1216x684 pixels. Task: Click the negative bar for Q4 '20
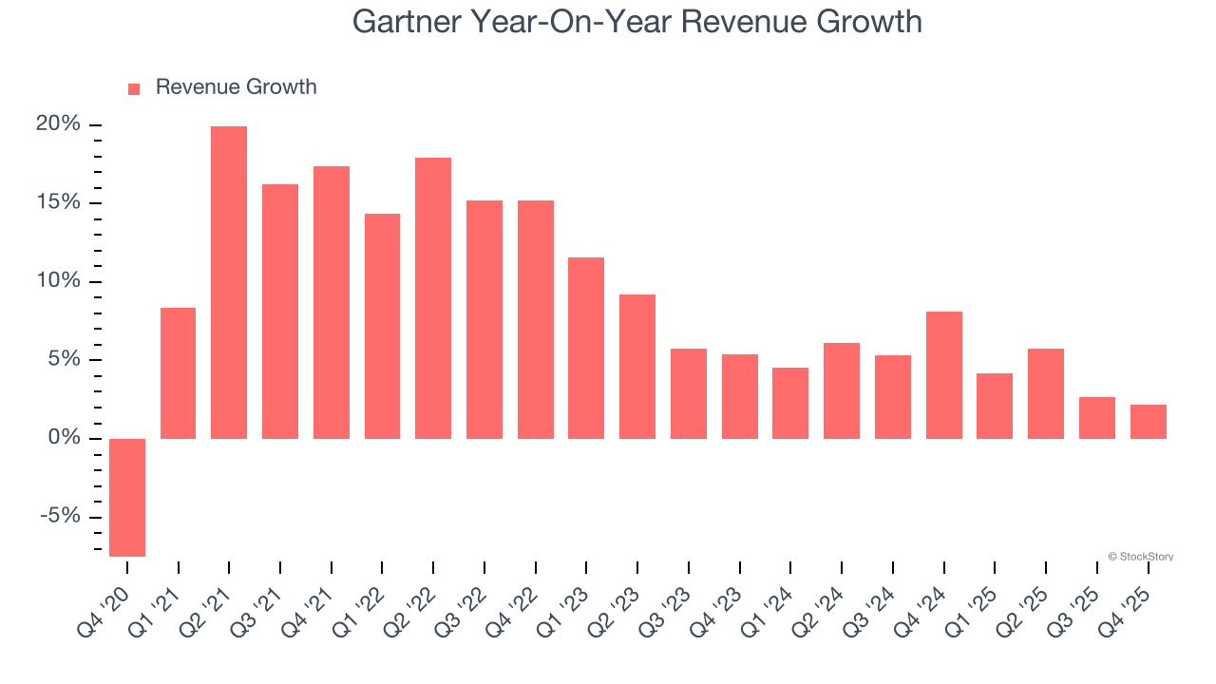click(x=127, y=497)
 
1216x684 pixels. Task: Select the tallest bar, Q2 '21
click(x=229, y=282)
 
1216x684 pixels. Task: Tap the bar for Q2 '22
click(x=433, y=297)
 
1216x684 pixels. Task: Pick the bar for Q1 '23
click(x=586, y=348)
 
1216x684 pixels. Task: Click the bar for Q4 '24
click(x=944, y=374)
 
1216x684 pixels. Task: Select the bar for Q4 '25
click(x=1149, y=421)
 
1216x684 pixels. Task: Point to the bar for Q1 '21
click(x=179, y=372)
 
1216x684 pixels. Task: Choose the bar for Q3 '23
click(x=689, y=393)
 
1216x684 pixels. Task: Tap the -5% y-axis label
click(x=59, y=516)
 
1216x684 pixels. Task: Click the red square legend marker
click(x=134, y=88)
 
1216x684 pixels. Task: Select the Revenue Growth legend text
click(x=236, y=87)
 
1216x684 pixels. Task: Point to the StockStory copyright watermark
click(x=1141, y=557)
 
